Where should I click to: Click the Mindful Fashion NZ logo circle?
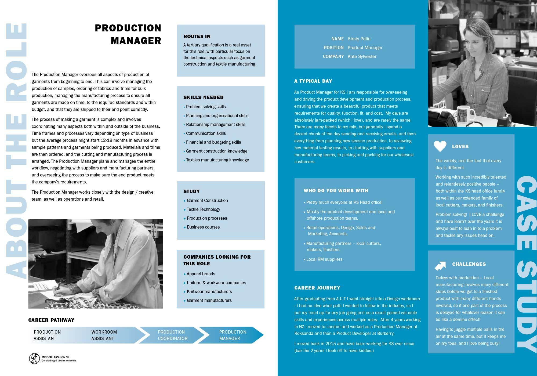point(34,359)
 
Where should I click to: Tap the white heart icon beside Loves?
point(440,146)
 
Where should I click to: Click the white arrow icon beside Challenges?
point(440,265)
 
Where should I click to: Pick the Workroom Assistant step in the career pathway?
point(104,335)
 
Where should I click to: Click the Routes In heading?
point(197,37)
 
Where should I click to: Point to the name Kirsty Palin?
point(359,39)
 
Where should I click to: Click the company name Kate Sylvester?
point(362,56)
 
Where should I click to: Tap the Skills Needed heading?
point(203,97)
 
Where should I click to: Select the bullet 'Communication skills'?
point(206,133)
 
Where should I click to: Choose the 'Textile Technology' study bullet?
point(203,209)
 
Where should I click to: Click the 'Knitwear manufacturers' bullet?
point(209,292)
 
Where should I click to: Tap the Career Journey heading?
point(317,288)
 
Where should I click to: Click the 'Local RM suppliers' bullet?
point(324,259)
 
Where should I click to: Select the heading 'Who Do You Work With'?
point(336,191)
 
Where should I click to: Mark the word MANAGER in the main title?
point(136,41)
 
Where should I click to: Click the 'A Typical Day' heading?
point(313,81)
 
